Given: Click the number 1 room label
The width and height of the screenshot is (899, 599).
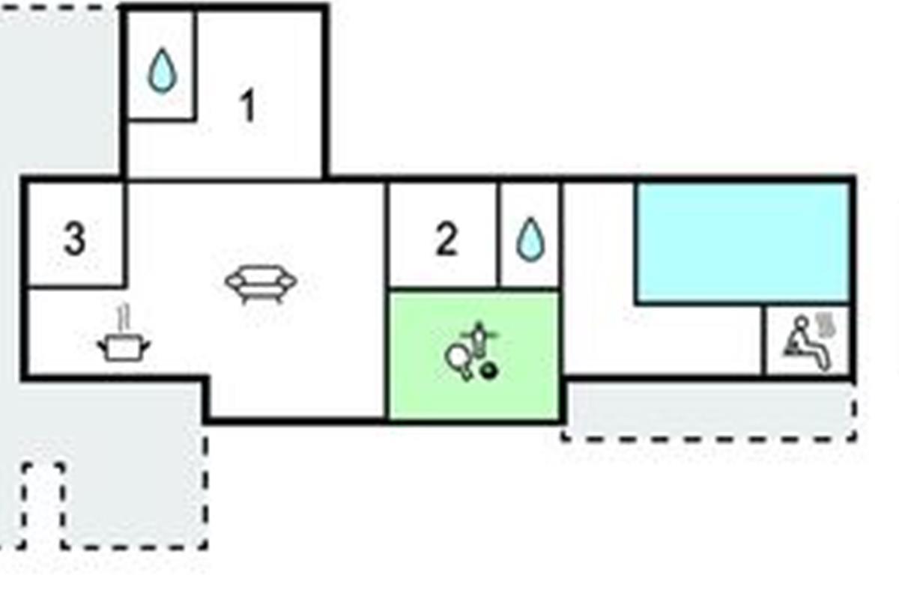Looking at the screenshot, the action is click(248, 105).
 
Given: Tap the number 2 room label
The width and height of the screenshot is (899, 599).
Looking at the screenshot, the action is click(447, 239).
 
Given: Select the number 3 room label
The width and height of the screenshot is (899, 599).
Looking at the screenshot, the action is click(75, 239).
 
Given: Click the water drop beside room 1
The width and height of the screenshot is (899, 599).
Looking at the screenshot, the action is click(162, 70).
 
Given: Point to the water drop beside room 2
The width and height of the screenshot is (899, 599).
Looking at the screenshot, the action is click(530, 240).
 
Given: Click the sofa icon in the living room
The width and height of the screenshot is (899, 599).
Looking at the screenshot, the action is click(261, 284).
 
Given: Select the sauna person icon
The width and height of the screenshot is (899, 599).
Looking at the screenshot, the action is click(808, 342).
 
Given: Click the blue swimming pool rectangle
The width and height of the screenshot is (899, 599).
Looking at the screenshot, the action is click(743, 242).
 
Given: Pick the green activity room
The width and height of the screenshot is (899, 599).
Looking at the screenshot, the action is click(474, 356).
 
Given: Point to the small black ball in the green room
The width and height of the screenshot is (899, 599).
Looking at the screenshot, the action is click(488, 371).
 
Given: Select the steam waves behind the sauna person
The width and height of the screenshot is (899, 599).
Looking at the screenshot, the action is click(826, 325).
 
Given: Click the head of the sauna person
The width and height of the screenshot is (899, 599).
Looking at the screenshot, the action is click(802, 323).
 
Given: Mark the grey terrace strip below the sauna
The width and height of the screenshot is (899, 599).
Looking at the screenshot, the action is click(709, 410).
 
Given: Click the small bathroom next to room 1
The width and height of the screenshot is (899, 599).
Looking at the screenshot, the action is click(160, 64).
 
